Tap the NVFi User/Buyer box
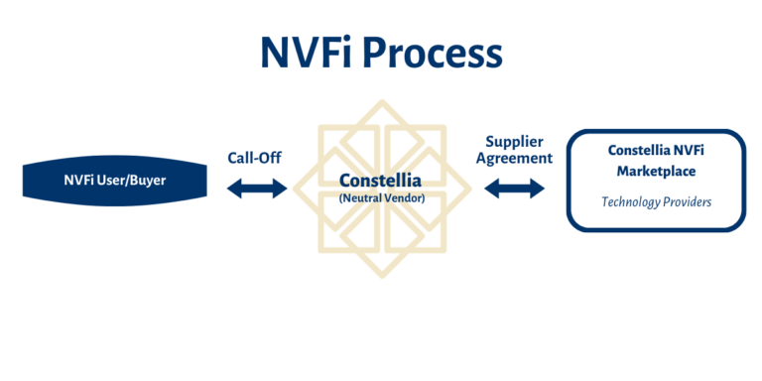tap(114, 181)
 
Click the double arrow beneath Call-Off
tap(256, 187)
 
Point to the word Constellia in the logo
tap(380, 182)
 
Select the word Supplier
tap(514, 142)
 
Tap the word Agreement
tap(514, 159)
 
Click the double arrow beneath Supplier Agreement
tap(514, 188)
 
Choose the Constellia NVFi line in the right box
tap(654, 151)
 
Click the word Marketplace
tap(654, 172)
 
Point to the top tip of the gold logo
tap(380, 98)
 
